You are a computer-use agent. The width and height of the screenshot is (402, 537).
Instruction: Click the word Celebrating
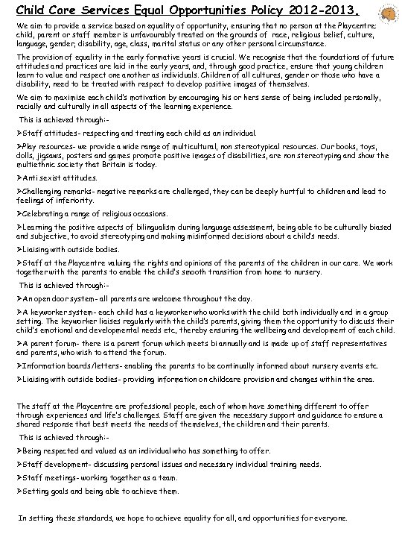[x=45, y=213]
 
